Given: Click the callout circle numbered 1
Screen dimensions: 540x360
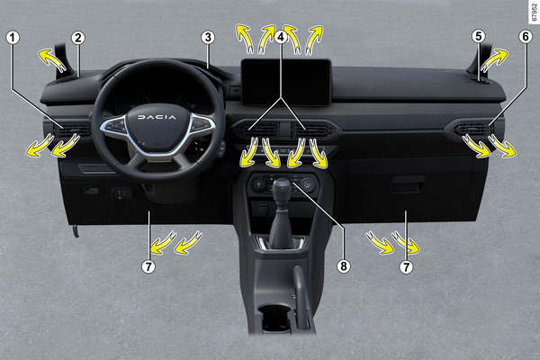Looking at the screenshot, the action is point(13,38).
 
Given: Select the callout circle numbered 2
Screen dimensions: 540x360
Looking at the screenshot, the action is point(78,38).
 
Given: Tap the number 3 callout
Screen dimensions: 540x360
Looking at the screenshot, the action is point(208,37).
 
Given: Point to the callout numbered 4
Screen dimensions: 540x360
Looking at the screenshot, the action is point(281,37).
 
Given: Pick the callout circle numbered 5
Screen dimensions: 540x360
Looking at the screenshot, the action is point(479,36).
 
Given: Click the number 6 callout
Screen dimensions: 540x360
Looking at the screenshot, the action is point(526,37).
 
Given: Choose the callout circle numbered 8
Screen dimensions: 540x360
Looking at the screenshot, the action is point(344,265).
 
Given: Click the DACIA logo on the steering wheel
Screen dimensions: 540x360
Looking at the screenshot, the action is point(157,117).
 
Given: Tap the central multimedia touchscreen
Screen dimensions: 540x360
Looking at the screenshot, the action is point(286,82).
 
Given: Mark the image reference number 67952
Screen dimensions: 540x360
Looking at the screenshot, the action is point(534,12).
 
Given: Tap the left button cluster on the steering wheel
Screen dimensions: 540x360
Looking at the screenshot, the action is point(114,126).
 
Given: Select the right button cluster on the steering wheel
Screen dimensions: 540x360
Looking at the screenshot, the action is point(201,124).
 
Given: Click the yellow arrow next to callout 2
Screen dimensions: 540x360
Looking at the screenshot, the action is point(51,60).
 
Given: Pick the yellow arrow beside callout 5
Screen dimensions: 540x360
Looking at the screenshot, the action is point(494,60).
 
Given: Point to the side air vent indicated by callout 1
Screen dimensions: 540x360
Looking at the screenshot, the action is point(73,130).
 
